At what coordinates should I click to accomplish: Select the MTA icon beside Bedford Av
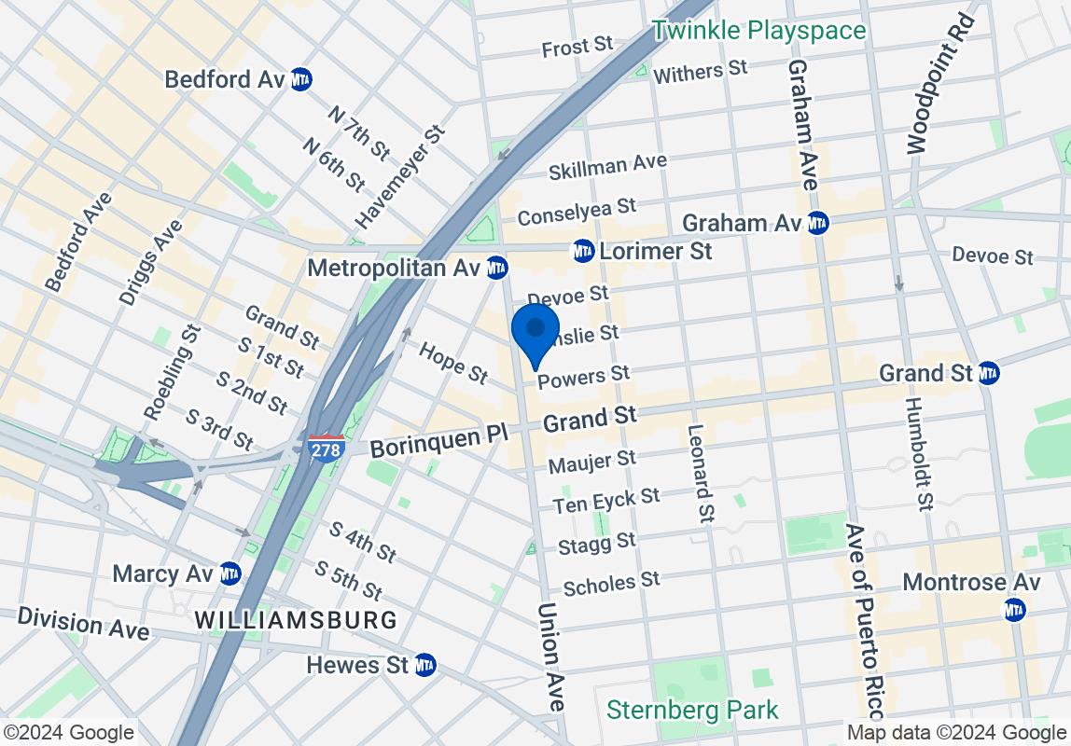coord(300,79)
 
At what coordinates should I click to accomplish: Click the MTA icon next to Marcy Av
coord(229,573)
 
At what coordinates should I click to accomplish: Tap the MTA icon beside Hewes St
coord(424,665)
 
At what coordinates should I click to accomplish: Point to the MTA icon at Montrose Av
coord(1015,609)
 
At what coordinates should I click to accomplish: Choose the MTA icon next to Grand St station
coord(989,374)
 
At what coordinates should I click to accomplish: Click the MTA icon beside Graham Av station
coord(817,223)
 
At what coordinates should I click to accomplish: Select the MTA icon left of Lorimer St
coord(583,251)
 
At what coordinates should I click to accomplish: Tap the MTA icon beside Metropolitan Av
coord(497,269)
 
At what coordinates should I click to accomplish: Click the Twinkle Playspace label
coord(758,31)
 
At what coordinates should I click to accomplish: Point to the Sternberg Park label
coord(692,710)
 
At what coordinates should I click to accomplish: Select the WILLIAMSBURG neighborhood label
coord(295,619)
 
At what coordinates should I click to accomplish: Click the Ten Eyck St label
coord(605,501)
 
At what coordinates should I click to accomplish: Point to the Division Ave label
coord(82,623)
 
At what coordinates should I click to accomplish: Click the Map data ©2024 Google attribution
coord(956,732)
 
